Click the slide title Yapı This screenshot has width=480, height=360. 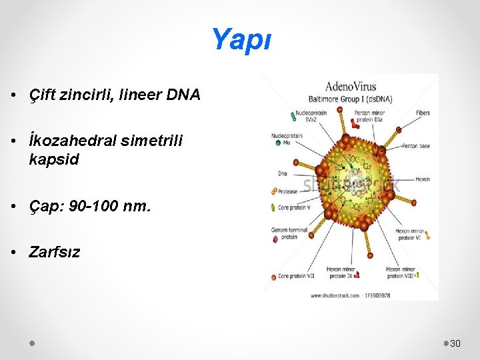coord(241,40)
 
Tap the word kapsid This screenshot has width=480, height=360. coord(54,159)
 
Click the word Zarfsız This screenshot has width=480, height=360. coord(54,252)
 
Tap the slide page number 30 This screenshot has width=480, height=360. coord(456,343)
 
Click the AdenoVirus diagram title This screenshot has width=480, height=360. coord(350,86)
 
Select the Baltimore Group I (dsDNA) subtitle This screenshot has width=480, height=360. coord(350,99)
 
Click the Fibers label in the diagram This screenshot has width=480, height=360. coord(423,113)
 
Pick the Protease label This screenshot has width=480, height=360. coord(288,191)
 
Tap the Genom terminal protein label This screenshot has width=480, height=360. coord(289,233)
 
